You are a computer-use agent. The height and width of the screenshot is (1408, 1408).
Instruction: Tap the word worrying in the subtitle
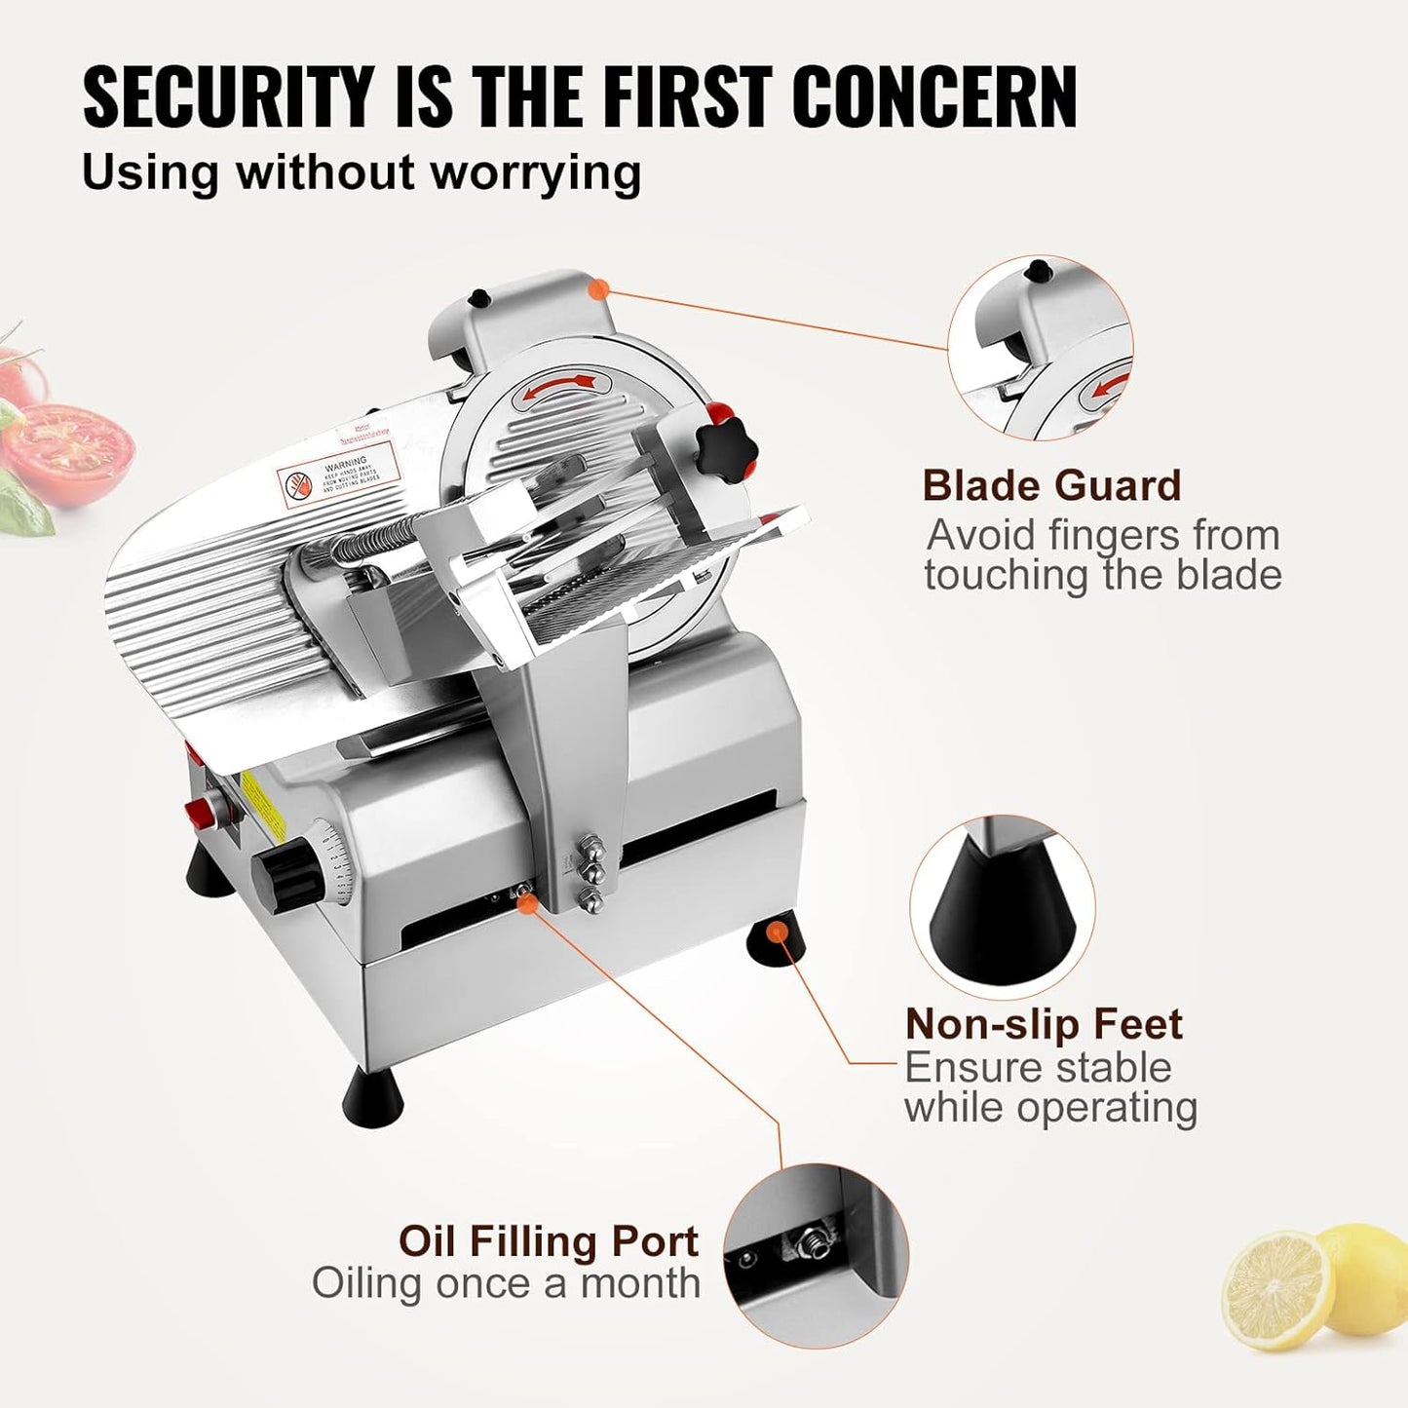(x=536, y=173)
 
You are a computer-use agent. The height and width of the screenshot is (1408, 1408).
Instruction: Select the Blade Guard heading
(x=1051, y=485)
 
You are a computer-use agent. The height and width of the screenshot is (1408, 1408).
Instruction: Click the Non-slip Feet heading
(x=1043, y=1024)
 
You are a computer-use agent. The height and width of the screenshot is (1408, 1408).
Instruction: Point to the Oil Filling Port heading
(x=549, y=1241)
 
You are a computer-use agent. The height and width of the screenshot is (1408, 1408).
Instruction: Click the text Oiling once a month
(x=506, y=1283)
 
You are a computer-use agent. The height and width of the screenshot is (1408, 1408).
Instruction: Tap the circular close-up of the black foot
(x=1002, y=907)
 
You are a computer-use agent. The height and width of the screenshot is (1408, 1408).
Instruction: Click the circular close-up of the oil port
(x=816, y=1255)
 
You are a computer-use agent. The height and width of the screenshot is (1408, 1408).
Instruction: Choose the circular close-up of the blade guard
(x=1040, y=348)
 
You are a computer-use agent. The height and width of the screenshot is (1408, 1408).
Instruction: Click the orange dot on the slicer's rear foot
(x=777, y=932)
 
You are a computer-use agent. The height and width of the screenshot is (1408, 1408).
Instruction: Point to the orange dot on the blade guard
(x=600, y=288)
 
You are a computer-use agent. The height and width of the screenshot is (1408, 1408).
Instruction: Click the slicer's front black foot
(x=374, y=1097)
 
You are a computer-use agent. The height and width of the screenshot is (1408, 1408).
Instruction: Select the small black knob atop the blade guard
(x=478, y=297)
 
